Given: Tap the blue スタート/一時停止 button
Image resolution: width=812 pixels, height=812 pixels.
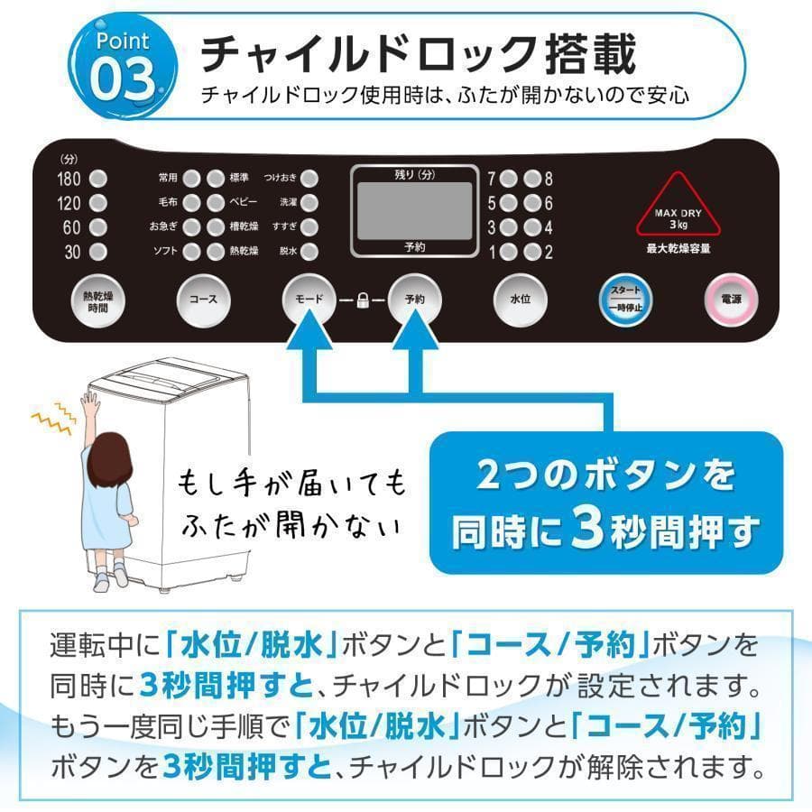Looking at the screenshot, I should coord(625,297).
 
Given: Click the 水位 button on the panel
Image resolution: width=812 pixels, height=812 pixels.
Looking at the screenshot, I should coord(520,297).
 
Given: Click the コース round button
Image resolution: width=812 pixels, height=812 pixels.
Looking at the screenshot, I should coord(203,297).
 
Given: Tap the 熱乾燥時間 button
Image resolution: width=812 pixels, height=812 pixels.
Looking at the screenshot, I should coord(97,297).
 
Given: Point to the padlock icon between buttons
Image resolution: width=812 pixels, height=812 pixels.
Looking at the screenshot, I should coord(362,298).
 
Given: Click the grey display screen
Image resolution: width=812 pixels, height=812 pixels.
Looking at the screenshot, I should coord(414,210).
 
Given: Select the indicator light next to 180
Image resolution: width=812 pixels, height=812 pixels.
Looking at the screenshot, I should coord(98,178).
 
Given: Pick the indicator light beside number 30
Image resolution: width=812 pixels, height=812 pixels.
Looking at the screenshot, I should coord(98,253).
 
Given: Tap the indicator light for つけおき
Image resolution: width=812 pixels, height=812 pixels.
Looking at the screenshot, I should coord(309,178).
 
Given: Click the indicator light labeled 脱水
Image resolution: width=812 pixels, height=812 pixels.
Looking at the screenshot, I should coord(309,252).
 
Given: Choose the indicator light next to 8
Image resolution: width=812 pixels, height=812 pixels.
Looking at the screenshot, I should coord(532,178).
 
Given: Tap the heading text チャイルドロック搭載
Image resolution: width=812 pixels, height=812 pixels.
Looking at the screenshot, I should coord(417,53).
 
